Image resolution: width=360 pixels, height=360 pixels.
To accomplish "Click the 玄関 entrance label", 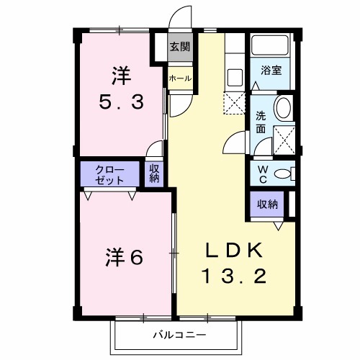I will point(180,48).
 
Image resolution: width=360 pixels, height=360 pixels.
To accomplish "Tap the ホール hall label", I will point(180,78).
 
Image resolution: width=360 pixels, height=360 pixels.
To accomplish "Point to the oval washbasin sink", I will point(284,108).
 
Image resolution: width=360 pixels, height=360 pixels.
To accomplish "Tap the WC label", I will point(263,173).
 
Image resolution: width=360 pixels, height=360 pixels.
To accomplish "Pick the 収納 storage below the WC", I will point(268,204).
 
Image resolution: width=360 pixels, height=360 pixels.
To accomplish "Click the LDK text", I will point(236,250).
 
